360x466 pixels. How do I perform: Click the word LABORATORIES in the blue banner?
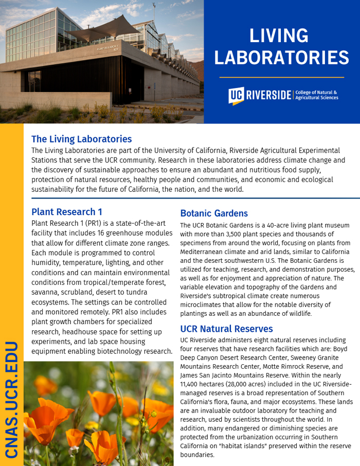click(281, 57)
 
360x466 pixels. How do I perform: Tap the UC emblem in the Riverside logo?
click(236, 95)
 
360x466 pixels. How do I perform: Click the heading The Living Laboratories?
click(81, 139)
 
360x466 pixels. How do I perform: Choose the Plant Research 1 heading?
click(66, 211)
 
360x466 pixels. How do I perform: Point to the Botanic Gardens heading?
click(213, 213)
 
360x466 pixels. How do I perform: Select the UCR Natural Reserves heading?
click(226, 328)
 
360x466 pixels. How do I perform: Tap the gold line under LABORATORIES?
click(281, 77)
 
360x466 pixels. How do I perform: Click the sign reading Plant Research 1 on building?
click(107, 48)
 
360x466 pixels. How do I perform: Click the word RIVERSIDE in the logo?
click(268, 95)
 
